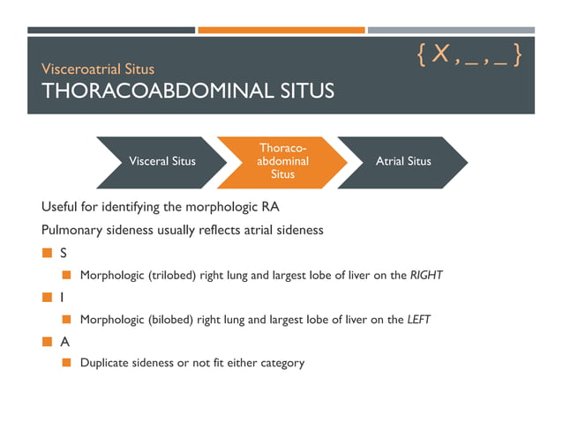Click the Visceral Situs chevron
tap(162, 161)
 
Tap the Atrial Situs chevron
tap(402, 161)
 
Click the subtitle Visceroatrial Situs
tap(98, 69)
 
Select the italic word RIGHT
tap(426, 276)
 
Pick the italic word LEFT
tap(419, 319)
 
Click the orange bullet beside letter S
tap(48, 254)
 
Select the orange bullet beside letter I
tap(48, 298)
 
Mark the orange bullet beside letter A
tap(48, 341)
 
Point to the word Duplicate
tap(105, 363)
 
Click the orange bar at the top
tap(281, 30)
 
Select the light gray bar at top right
tap(451, 30)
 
